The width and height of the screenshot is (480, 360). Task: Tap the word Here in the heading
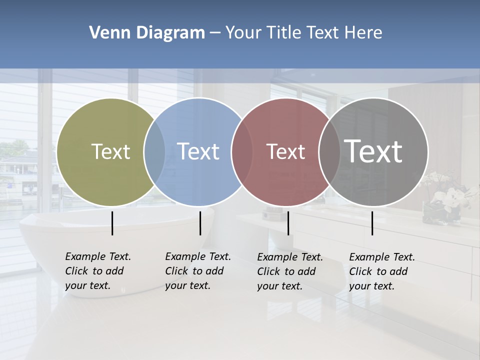tap(363, 33)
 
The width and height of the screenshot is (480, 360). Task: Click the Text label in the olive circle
tap(110, 151)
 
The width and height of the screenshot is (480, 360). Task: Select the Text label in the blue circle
tap(198, 151)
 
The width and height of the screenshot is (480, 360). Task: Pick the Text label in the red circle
tap(285, 152)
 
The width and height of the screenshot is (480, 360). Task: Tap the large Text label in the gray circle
tap(373, 151)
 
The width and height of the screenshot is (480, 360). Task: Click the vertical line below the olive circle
tap(112, 223)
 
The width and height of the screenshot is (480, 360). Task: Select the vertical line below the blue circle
tap(200, 223)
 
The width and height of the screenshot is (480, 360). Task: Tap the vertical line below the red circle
tap(288, 223)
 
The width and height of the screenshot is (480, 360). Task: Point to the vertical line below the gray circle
tap(372, 223)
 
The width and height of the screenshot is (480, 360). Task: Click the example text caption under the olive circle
tap(97, 271)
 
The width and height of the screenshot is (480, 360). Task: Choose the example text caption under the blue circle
tap(197, 271)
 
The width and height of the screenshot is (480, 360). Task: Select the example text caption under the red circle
tap(289, 271)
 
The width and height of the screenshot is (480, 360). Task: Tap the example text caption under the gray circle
tap(381, 271)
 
